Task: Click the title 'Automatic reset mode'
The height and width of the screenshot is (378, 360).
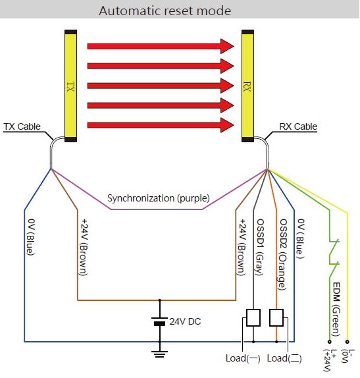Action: coord(165,11)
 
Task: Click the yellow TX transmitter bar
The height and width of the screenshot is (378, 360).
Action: coord(70,86)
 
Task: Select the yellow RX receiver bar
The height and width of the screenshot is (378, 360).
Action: coord(247,86)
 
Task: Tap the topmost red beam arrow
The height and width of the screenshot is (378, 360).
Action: coord(160,46)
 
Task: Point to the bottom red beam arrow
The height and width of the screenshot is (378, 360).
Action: coord(160,125)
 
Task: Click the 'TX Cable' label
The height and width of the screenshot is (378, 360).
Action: coord(22,126)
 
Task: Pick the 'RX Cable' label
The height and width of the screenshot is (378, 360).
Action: coord(298,126)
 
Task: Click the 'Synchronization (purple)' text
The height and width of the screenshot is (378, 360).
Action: coord(159,198)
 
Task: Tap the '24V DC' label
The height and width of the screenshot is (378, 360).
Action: coord(185,321)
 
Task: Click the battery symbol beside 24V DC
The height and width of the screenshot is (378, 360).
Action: coord(159,321)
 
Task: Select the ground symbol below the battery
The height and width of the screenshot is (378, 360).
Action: coord(159,354)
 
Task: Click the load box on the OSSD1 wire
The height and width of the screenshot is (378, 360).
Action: coord(253,317)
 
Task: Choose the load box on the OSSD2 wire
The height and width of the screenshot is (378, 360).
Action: coord(276,317)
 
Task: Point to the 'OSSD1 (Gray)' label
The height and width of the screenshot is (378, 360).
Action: coord(260,246)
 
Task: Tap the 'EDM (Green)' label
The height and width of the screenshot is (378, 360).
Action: coord(336,310)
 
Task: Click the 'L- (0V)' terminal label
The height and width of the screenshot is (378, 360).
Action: coord(348,356)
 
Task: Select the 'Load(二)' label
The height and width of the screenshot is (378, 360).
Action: coord(284,358)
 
